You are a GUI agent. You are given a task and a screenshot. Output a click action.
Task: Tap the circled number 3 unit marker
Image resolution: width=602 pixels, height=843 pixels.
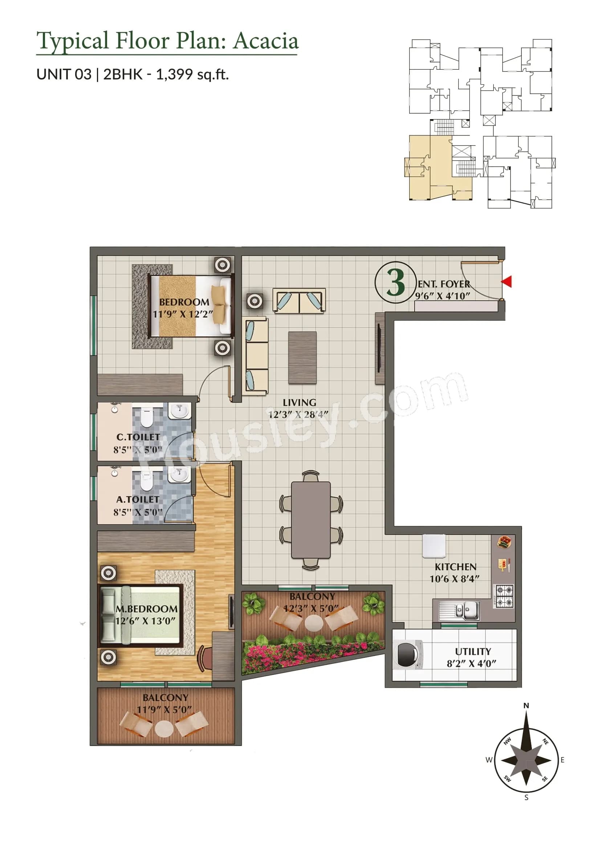(x=395, y=283)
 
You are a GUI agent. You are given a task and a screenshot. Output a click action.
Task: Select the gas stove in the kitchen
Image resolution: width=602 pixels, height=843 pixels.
(x=503, y=596)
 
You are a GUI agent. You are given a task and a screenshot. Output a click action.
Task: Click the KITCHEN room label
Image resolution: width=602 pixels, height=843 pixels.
(x=455, y=567)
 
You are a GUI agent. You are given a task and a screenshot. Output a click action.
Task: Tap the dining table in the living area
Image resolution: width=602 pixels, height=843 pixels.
(x=311, y=520)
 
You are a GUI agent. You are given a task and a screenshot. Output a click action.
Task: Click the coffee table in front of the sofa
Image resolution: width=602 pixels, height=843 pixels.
(x=302, y=358)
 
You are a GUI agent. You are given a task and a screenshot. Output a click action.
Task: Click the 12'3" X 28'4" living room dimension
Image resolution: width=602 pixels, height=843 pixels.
(x=299, y=414)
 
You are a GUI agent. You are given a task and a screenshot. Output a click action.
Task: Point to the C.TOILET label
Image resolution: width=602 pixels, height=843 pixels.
(x=138, y=437)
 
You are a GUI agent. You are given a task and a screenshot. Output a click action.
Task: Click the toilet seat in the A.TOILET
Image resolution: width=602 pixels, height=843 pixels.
(x=147, y=481)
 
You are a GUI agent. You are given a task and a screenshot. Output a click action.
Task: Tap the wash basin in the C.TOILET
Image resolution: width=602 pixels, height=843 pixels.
(x=180, y=411)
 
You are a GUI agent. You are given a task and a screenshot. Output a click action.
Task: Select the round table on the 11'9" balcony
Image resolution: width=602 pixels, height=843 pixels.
(x=163, y=729)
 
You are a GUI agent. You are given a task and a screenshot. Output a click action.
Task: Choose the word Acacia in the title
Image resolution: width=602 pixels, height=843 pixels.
(x=265, y=41)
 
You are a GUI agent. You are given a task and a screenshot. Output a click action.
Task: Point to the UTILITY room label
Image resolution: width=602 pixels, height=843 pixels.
(x=473, y=651)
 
